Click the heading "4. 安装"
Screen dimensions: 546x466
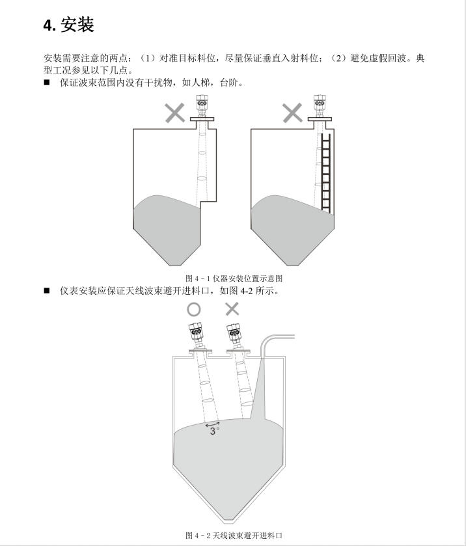pos(68,25)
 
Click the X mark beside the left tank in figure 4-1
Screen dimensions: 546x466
pos(174,113)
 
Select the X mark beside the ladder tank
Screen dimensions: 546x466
pos(292,113)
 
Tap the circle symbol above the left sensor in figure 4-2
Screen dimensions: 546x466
pos(194,309)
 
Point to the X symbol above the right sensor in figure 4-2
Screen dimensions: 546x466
pos(232,309)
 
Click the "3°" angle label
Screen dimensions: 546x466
pos(214,431)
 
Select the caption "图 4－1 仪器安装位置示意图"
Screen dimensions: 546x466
pos(234,279)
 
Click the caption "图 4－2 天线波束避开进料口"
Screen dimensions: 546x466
pos(234,535)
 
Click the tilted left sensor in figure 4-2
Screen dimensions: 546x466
pos(196,334)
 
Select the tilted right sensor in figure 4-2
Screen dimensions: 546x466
pos(234,334)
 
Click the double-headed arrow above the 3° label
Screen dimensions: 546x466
pos(212,424)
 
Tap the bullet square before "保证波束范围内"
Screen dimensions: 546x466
pos(47,83)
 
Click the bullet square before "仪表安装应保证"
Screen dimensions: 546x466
pos(47,290)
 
